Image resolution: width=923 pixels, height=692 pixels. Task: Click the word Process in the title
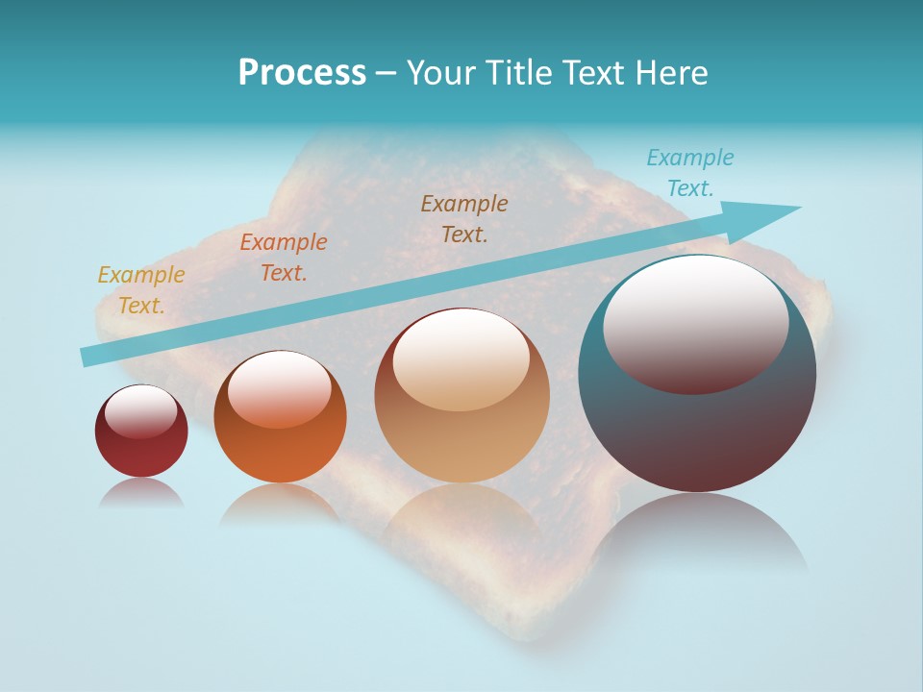[x=302, y=73]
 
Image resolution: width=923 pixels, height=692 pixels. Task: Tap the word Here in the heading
[x=672, y=73]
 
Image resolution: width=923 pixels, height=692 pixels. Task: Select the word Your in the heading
[x=439, y=73]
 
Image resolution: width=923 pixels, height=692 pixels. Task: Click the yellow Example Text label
[x=141, y=290]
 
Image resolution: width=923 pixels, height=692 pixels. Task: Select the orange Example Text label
[x=284, y=258]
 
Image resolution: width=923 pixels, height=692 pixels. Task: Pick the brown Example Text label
[x=464, y=218]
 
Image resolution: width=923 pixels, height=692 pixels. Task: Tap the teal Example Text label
[x=690, y=173]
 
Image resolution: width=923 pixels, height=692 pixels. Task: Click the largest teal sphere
[x=697, y=432]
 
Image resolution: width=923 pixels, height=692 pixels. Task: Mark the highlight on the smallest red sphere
[x=141, y=411]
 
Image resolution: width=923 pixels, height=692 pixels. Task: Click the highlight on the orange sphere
[x=279, y=387]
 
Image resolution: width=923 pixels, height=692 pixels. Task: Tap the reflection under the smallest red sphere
[x=141, y=493]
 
